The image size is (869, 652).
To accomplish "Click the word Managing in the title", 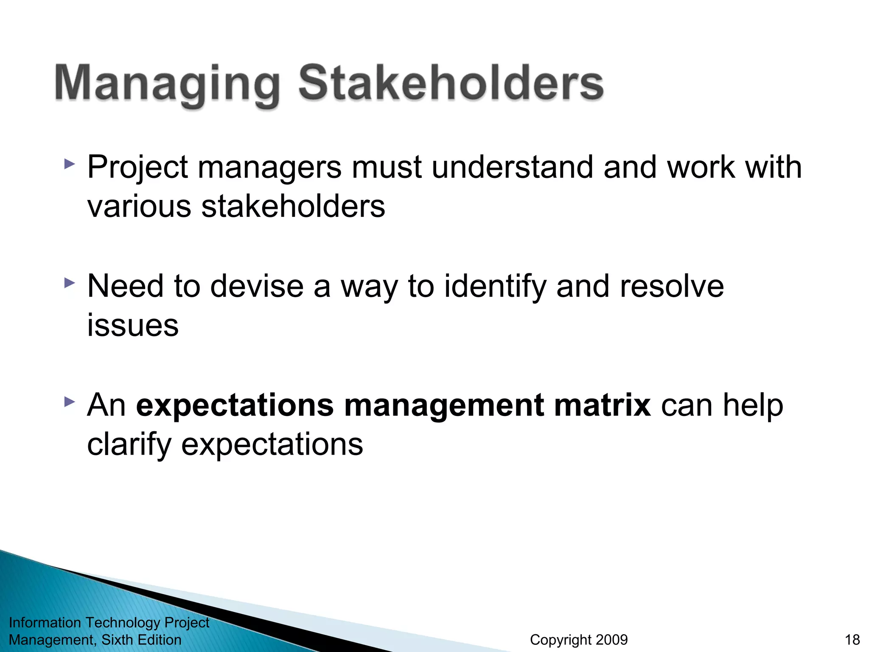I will pyautogui.click(x=166, y=84).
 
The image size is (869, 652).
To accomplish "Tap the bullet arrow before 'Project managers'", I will pyautogui.click(x=69, y=164).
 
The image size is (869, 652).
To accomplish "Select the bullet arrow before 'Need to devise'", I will pyautogui.click(x=69, y=283).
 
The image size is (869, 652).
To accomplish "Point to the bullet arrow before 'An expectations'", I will pyautogui.click(x=69, y=402).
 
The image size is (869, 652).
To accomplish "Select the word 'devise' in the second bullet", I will pyautogui.click(x=257, y=286).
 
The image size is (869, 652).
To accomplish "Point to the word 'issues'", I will pyautogui.click(x=133, y=326).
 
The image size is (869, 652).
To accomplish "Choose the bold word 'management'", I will pyautogui.click(x=444, y=406).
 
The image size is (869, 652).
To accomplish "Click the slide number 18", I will pyautogui.click(x=852, y=640).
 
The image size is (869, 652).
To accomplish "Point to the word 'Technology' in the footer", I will pyautogui.click(x=123, y=623).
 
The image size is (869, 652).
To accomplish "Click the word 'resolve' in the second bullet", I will pyautogui.click(x=672, y=286).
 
